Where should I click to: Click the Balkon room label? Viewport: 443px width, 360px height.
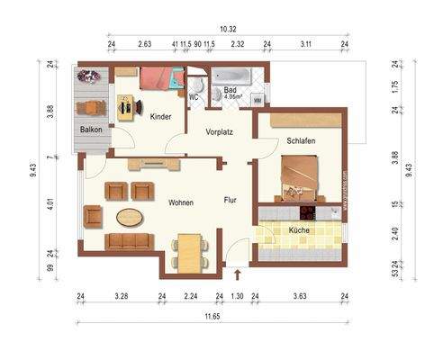pyautogui.click(x=91, y=130)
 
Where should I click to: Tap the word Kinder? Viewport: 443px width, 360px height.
pyautogui.click(x=161, y=117)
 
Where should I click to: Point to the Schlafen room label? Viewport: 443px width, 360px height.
pyautogui.click(x=301, y=141)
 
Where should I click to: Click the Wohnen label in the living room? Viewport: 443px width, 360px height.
pyautogui.click(x=180, y=202)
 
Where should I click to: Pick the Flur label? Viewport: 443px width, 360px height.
pyautogui.click(x=231, y=202)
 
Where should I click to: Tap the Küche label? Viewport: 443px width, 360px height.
pyautogui.click(x=300, y=230)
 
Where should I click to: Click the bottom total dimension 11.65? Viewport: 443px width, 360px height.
pyautogui.click(x=212, y=314)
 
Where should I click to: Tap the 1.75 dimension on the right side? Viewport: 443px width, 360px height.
pyautogui.click(x=393, y=89)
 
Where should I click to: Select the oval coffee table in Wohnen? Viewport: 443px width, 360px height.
pyautogui.click(x=131, y=217)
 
